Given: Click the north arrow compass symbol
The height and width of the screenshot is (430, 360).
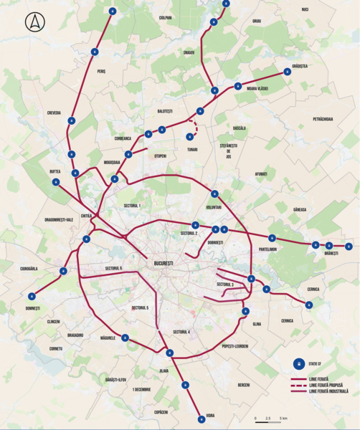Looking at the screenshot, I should (x=34, y=23).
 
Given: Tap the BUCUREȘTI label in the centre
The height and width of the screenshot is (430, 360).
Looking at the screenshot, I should (x=164, y=264).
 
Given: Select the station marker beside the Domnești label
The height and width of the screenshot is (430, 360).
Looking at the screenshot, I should (x=32, y=295).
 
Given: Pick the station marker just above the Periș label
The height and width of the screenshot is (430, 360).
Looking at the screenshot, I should (x=95, y=52).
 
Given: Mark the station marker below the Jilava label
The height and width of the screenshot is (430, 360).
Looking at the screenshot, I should (x=186, y=384).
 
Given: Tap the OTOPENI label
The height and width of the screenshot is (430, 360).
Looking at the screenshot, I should (x=160, y=156).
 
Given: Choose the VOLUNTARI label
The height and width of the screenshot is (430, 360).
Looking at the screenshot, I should (x=214, y=207).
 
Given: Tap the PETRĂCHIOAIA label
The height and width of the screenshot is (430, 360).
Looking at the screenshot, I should (x=323, y=118).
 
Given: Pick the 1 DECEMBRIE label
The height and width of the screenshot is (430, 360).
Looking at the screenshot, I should (x=142, y=389).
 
